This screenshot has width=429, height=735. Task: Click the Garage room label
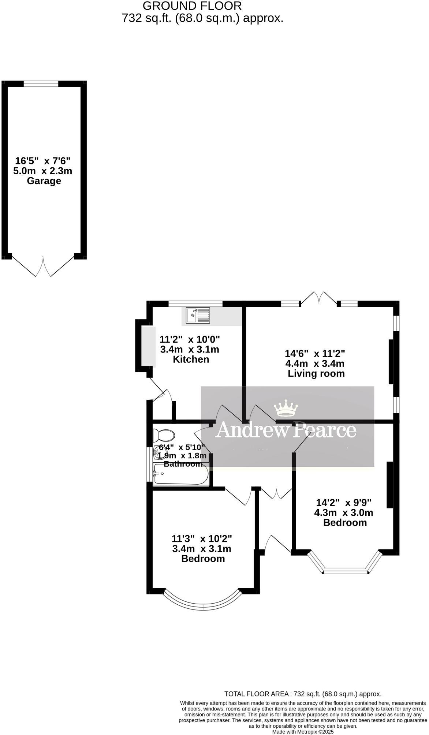[x=44, y=181]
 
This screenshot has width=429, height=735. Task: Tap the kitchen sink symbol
[x=198, y=316]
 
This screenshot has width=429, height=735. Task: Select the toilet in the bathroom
[x=164, y=436]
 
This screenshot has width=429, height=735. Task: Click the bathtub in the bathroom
[x=181, y=474]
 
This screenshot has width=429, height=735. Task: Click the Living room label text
[x=316, y=373]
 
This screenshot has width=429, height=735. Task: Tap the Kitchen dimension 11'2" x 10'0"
[x=190, y=339]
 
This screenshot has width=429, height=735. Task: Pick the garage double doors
[x=43, y=266]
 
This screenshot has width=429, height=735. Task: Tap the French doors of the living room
[x=319, y=298]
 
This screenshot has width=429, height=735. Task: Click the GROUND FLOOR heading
[x=192, y=6]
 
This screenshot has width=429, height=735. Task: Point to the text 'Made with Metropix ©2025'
[x=303, y=732]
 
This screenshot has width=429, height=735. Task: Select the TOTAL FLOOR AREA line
[x=303, y=694]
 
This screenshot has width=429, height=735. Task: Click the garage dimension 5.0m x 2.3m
[x=43, y=171]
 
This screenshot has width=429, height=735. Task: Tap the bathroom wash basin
[x=158, y=454]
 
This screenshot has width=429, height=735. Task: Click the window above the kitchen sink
[x=195, y=303]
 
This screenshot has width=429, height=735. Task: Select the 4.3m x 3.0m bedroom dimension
[x=344, y=512]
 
